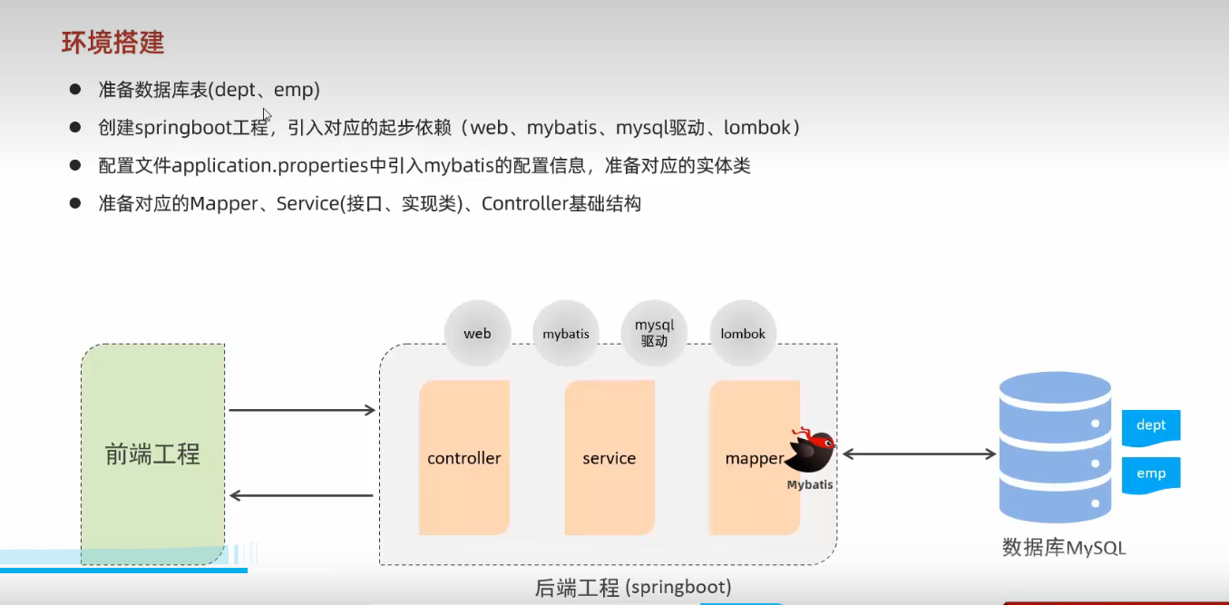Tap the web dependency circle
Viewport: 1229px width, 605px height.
click(x=477, y=334)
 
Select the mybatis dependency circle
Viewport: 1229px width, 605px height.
click(x=566, y=334)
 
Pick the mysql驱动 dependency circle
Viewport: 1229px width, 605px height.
click(x=654, y=334)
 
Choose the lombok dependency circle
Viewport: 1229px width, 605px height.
click(x=743, y=334)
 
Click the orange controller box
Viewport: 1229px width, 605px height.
click(x=463, y=457)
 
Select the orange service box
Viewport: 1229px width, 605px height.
click(x=609, y=457)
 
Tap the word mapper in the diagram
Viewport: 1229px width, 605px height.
click(x=753, y=458)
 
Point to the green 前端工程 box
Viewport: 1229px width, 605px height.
click(x=152, y=454)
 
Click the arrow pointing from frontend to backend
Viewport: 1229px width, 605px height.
click(x=302, y=411)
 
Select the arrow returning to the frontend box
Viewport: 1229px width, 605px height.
click(x=302, y=495)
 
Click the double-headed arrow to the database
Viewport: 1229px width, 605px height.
click(x=919, y=454)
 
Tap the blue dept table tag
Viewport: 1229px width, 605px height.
click(x=1151, y=425)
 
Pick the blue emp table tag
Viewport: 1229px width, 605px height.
click(x=1151, y=473)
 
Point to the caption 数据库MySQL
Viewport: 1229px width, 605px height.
click(x=1063, y=548)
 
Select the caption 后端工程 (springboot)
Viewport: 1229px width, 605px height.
click(x=633, y=587)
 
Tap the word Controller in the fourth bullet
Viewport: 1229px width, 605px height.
click(x=525, y=204)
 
